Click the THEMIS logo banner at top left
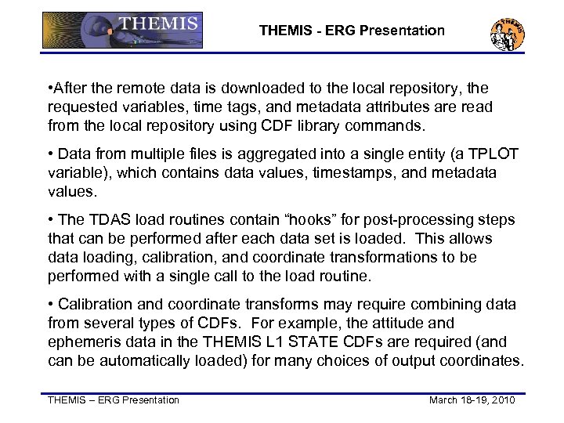121,31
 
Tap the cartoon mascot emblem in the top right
507,32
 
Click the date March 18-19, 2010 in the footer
472,400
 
